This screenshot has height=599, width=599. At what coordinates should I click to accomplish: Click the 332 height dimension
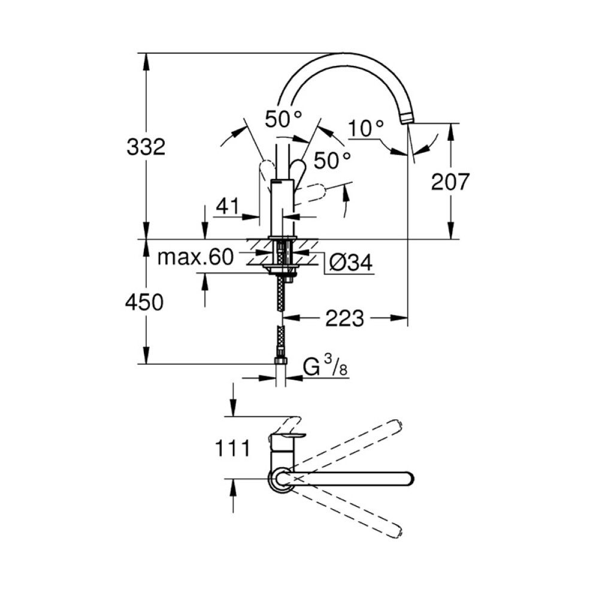point(146,147)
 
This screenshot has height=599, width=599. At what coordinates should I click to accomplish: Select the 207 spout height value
point(450,182)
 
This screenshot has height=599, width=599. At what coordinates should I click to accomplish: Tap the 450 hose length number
point(144,302)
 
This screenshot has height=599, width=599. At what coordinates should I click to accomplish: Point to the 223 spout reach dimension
point(344,318)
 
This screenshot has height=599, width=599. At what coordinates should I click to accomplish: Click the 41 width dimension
point(228,206)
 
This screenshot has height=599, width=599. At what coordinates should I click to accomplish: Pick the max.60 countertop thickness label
point(195,257)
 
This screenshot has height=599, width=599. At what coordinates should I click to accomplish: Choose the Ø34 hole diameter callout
point(350,263)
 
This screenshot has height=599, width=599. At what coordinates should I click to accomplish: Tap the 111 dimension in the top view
point(232,448)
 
